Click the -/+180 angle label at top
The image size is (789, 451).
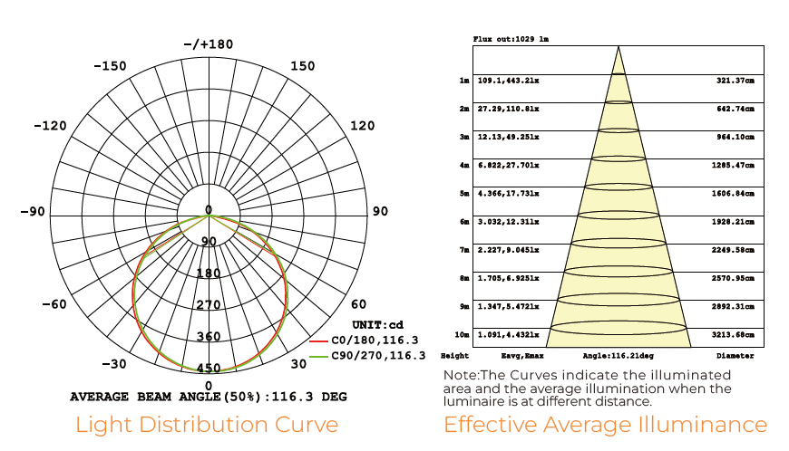[208, 43]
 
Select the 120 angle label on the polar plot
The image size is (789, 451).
[363, 125]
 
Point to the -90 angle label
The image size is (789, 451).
[34, 211]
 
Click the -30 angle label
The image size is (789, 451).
[113, 364]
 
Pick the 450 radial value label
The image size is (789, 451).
[209, 368]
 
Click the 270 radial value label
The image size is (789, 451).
[209, 305]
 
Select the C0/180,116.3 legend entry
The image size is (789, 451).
[374, 341]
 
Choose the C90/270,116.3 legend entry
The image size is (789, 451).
[379, 356]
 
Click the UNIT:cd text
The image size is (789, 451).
[377, 324]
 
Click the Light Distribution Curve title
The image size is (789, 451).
[207, 424]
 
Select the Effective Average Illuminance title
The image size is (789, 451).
[605, 424]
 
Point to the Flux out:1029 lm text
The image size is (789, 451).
[511, 40]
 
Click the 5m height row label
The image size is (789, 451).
[463, 194]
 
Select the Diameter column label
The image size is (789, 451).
[735, 356]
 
